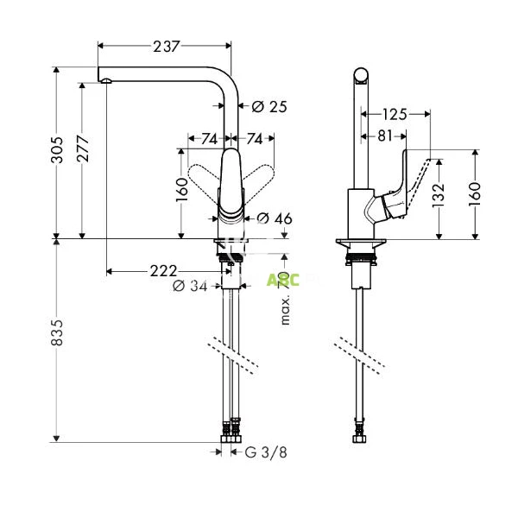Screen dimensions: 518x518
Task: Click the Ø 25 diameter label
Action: click(268, 107)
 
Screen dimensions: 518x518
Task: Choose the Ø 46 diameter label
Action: click(275, 218)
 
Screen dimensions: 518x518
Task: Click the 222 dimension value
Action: click(163, 271)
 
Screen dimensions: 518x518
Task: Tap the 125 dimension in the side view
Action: click(395, 114)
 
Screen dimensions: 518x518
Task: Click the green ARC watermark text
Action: click(282, 278)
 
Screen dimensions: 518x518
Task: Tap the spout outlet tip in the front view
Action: click(105, 81)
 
